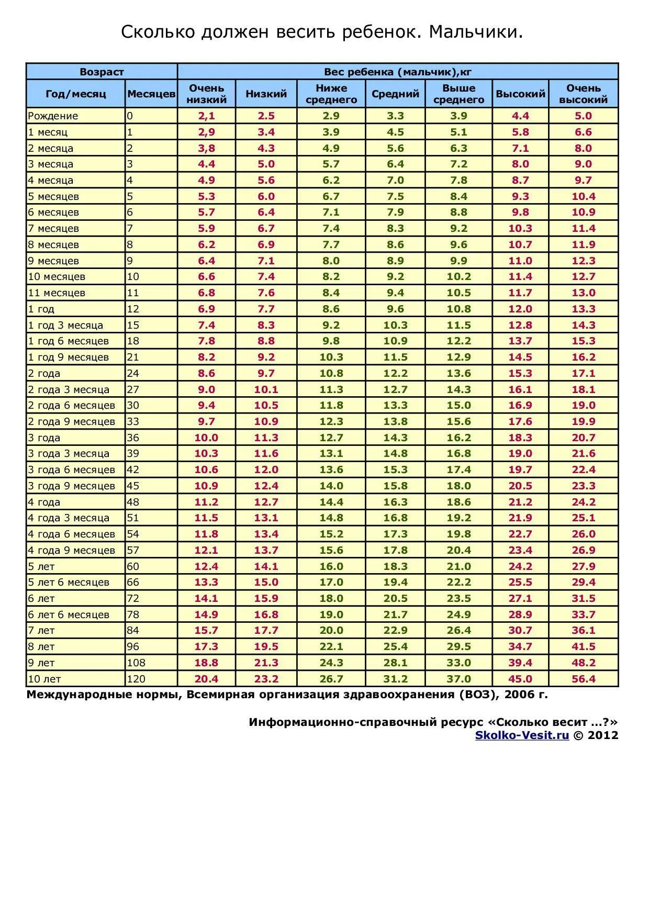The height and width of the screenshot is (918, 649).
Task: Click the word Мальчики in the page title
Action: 475,32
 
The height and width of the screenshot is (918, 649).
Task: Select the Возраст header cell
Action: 102,72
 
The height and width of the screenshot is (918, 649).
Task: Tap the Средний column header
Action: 395,94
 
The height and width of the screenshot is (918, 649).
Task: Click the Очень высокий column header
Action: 583,94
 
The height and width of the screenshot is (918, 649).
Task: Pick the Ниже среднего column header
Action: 331,94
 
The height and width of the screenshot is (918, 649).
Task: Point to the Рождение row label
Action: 53,116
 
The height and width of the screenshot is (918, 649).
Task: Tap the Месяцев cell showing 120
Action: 136,679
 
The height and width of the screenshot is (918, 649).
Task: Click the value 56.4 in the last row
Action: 583,679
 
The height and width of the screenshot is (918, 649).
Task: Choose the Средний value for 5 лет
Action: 395,566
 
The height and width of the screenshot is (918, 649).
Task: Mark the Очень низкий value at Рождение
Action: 206,116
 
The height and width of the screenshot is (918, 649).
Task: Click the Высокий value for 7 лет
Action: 520,631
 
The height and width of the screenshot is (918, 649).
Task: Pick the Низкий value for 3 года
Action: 266,438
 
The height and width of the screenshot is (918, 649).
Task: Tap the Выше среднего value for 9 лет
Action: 458,663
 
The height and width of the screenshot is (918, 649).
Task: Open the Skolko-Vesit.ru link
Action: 522,735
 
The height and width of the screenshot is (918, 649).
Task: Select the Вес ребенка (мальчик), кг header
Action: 398,72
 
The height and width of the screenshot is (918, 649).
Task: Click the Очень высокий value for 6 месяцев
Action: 583,212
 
